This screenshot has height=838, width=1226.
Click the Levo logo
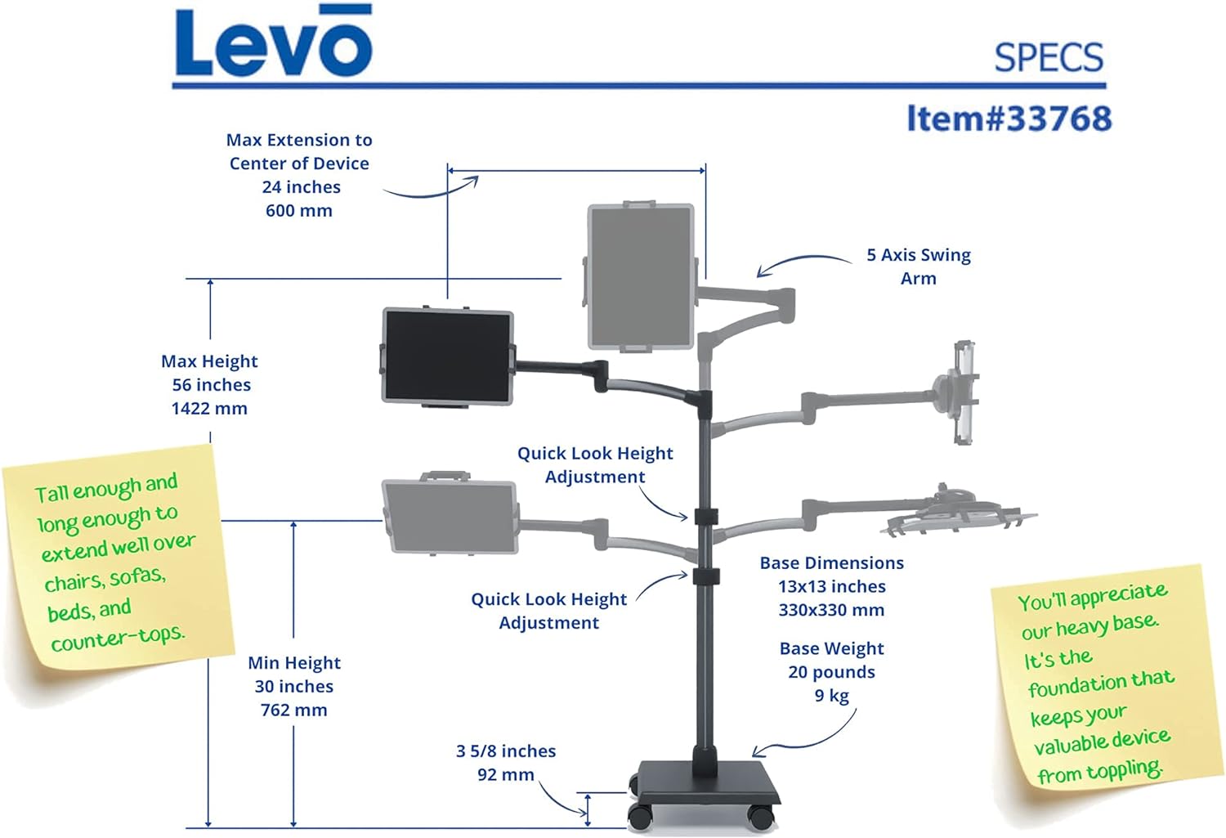click(273, 43)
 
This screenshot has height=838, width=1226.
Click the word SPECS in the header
click(1049, 57)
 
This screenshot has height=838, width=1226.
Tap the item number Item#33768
click(1009, 119)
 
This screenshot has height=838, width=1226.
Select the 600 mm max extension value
click(299, 210)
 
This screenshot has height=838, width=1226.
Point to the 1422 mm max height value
click(209, 408)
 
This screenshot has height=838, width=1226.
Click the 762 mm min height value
click(294, 710)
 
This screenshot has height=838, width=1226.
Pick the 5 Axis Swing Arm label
click(919, 267)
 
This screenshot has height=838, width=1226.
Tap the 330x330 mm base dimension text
click(831, 610)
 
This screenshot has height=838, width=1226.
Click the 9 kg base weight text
click(831, 696)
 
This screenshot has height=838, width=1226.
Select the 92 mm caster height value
click(506, 774)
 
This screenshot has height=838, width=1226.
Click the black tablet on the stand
click(448, 356)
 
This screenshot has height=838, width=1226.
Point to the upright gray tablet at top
click(642, 276)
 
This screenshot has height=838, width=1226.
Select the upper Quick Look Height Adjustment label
click(595, 464)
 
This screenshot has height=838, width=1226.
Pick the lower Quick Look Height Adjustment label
click(549, 611)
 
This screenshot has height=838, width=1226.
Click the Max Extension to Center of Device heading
click(299, 151)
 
